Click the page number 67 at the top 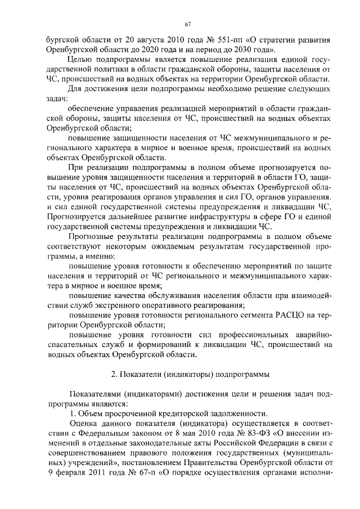[x=188, y=24]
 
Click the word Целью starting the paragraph [x=78, y=61]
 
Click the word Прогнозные [x=91, y=237]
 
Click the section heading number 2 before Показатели [x=113, y=373]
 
